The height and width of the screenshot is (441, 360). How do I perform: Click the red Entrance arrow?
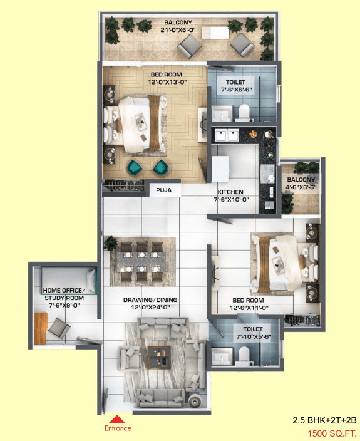click(117, 419)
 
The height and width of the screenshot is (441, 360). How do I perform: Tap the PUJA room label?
click(164, 190)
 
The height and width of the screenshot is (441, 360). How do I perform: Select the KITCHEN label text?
click(230, 192)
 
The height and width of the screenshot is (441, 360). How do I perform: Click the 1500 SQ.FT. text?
click(332, 433)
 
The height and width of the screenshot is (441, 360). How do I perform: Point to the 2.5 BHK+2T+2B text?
click(324, 420)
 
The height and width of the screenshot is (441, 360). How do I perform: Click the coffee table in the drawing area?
click(160, 357)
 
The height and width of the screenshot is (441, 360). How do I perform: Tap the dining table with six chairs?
click(141, 262)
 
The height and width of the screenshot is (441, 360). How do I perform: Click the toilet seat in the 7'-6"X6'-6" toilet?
click(244, 112)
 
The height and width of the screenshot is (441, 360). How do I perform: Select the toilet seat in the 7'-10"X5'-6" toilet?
click(244, 353)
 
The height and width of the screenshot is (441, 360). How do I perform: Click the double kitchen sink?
click(227, 135)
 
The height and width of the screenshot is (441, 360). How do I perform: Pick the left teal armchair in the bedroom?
click(135, 167)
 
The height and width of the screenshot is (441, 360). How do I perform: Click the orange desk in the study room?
click(40, 328)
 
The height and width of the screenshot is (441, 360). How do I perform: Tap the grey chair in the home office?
click(59, 328)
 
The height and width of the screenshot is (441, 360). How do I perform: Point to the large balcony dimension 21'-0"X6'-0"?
click(178, 30)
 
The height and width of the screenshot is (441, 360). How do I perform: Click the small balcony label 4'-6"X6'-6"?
click(301, 187)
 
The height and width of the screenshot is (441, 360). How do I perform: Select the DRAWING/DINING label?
click(150, 300)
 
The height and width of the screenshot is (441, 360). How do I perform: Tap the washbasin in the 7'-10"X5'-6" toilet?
click(222, 356)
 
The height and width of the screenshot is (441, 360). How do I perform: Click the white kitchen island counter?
click(220, 169)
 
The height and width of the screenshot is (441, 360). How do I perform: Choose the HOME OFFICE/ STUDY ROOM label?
click(64, 294)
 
